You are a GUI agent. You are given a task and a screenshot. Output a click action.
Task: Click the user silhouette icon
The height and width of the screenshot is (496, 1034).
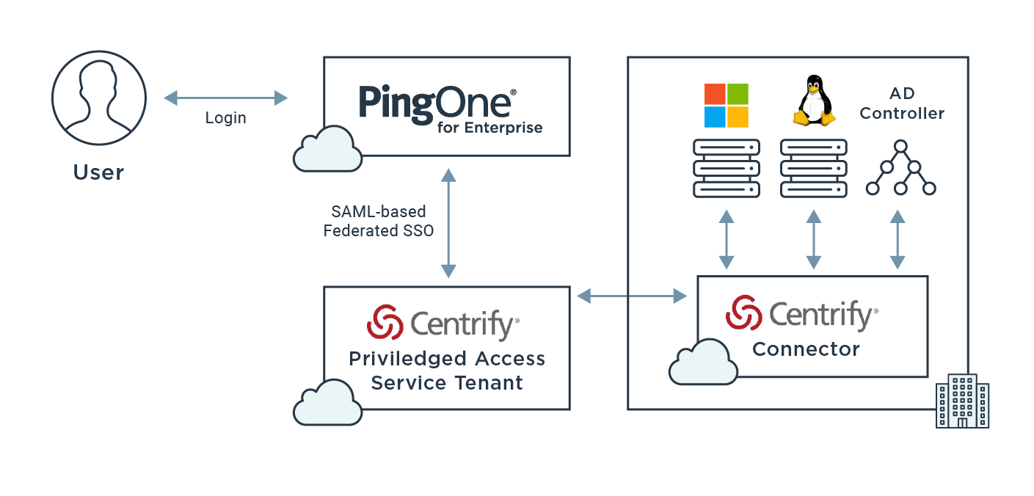pyautogui.click(x=98, y=98)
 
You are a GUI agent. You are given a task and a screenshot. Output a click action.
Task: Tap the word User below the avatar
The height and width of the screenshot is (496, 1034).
pyautogui.click(x=98, y=172)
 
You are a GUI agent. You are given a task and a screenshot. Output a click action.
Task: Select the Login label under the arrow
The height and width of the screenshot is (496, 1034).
pyautogui.click(x=225, y=118)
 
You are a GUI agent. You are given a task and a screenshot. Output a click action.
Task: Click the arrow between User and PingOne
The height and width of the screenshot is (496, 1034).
pyautogui.click(x=225, y=98)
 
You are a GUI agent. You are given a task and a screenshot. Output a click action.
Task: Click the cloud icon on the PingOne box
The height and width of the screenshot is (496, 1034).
pyautogui.click(x=327, y=148)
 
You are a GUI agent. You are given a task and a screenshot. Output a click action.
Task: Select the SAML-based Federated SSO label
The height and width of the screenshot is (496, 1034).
pyautogui.click(x=379, y=221)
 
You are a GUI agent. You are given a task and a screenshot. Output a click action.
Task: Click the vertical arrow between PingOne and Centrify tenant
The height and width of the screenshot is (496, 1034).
pyautogui.click(x=448, y=222)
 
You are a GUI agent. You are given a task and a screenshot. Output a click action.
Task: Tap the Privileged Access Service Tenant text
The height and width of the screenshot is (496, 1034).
pyautogui.click(x=447, y=371)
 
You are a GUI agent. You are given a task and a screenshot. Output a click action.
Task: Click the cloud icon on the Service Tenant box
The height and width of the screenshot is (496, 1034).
pyautogui.click(x=327, y=402)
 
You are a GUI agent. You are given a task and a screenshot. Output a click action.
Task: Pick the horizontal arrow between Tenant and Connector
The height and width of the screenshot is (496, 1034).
pyautogui.click(x=632, y=296)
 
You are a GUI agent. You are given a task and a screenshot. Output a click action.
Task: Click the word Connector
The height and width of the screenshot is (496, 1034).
pyautogui.click(x=806, y=349)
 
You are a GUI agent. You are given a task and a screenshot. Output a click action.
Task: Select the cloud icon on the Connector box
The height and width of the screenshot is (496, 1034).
pyautogui.click(x=703, y=362)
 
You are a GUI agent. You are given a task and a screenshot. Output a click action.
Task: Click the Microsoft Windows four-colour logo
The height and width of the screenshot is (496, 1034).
pyautogui.click(x=726, y=105)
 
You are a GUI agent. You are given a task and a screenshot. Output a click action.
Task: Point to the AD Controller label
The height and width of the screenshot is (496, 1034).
pyautogui.click(x=902, y=104)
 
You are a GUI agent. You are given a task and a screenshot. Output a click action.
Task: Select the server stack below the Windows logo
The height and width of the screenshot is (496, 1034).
pyautogui.click(x=726, y=169)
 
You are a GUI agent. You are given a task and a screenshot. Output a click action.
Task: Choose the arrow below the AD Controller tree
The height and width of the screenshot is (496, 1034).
pyautogui.click(x=897, y=240)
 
